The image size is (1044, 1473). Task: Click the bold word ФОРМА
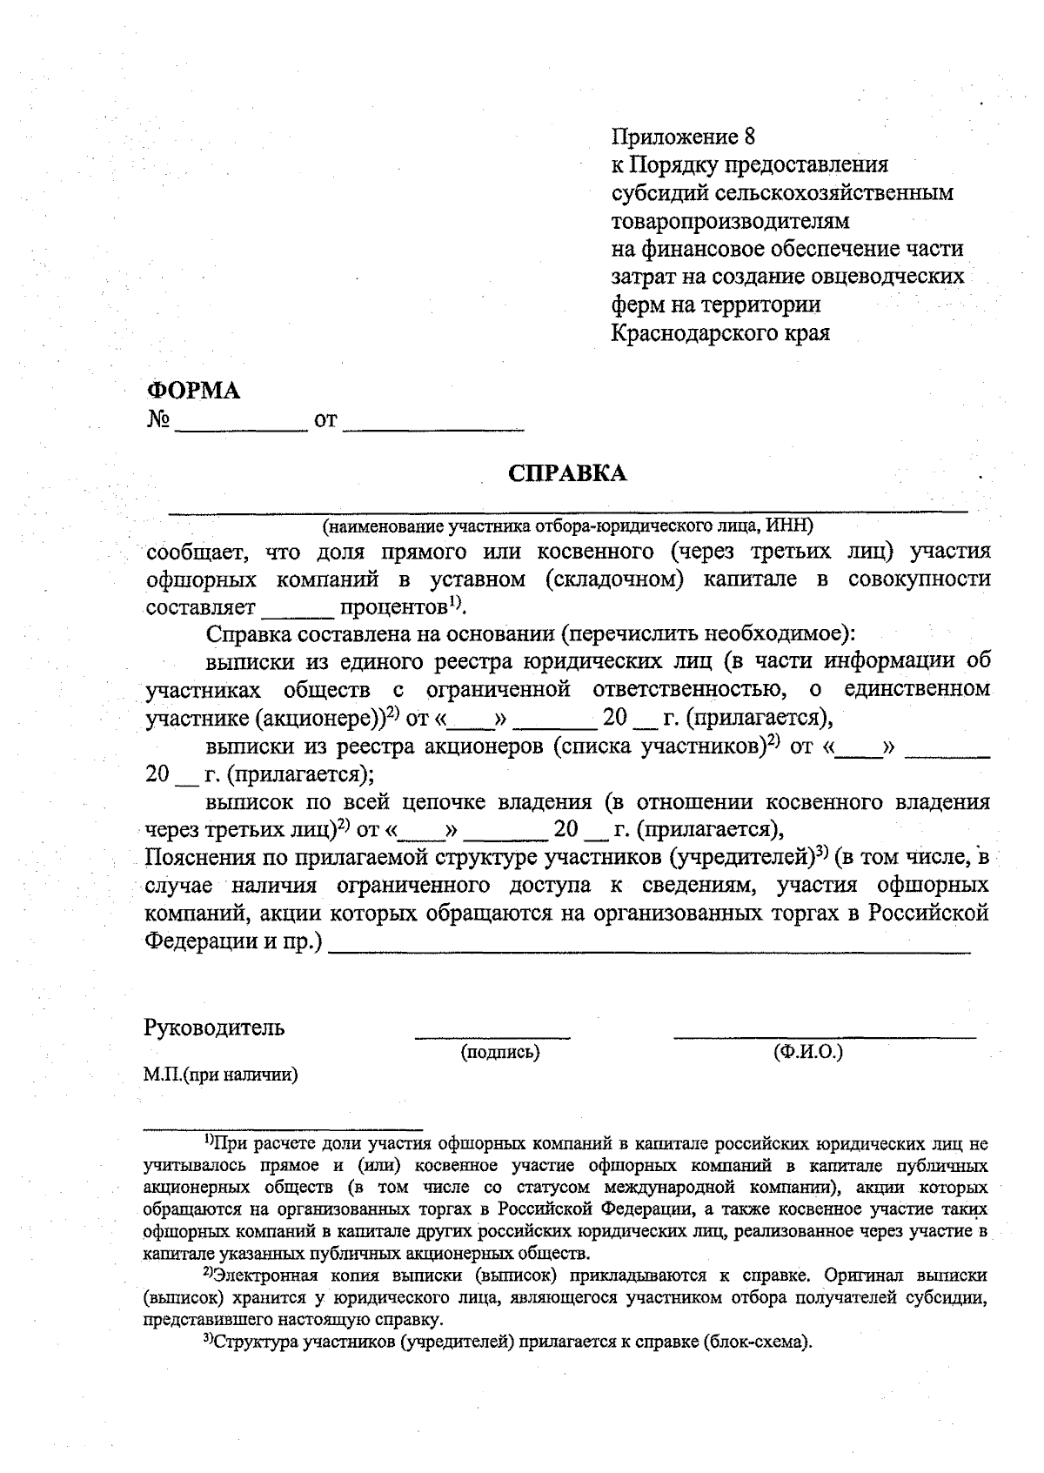click(192, 391)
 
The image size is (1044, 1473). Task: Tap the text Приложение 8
click(684, 137)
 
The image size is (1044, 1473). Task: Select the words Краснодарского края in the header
click(720, 332)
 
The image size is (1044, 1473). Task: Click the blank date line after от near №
click(434, 426)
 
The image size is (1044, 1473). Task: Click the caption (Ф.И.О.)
click(808, 1052)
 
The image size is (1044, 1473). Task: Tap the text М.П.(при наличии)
click(221, 1075)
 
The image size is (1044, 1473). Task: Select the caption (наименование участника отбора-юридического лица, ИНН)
click(567, 526)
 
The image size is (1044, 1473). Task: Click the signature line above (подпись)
click(493, 1035)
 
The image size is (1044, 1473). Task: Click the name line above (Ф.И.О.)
click(825, 1035)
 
